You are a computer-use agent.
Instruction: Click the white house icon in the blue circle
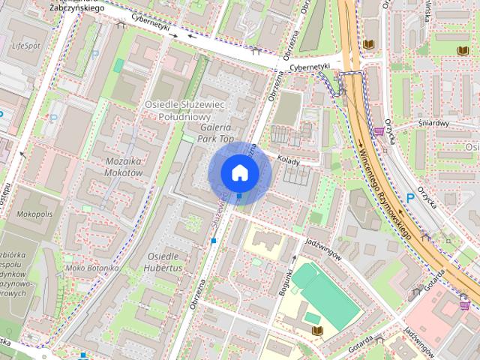[239, 172]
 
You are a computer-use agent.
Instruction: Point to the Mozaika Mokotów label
[113, 166]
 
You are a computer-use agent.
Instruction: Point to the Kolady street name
[289, 160]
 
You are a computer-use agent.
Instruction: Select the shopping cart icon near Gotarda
[464, 304]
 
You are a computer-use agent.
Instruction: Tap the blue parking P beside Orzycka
[409, 196]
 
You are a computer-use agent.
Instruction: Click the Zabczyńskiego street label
[76, 7]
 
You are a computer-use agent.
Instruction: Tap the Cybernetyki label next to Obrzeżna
[310, 65]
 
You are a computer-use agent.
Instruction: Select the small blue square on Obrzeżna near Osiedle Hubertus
[214, 241]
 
